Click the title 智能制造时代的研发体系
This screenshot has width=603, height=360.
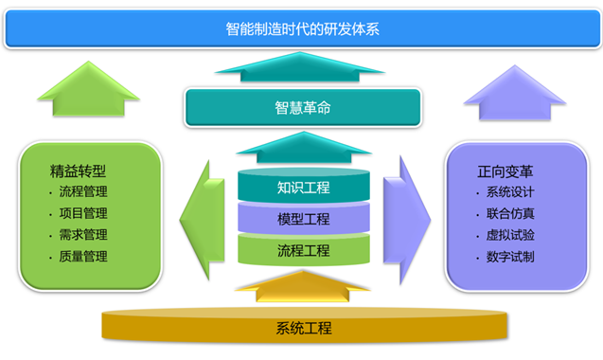click(303, 28)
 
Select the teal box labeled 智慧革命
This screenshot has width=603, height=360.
click(303, 108)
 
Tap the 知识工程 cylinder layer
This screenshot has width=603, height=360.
click(303, 188)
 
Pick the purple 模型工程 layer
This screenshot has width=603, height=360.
click(303, 219)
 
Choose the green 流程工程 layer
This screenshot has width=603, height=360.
click(303, 250)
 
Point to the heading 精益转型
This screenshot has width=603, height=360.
click(77, 172)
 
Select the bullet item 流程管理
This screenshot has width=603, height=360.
click(82, 193)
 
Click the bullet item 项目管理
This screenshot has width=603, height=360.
click(82, 214)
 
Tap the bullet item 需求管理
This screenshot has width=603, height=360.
click(82, 235)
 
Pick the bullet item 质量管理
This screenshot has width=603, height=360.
click(82, 256)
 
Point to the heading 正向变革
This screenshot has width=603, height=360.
click(505, 172)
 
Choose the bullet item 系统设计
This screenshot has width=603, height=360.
click(509, 193)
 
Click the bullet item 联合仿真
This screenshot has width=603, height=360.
click(509, 214)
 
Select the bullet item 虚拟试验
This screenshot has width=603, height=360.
click(509, 235)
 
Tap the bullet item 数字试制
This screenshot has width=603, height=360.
click(509, 256)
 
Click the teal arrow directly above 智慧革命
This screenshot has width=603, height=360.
click(303, 68)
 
